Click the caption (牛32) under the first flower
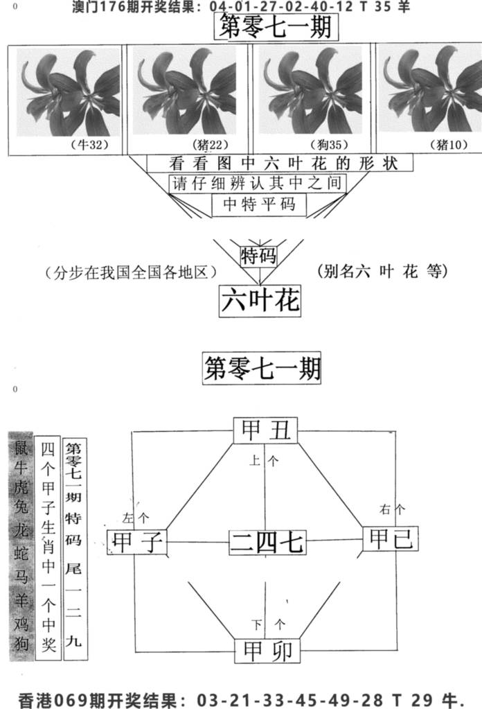90,145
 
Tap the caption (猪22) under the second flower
211,145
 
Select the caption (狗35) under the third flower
330,145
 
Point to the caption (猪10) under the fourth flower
449,145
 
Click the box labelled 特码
258,256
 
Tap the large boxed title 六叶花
260,300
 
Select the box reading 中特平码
259,205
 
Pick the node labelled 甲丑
266,430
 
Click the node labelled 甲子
137,542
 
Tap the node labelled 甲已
391,539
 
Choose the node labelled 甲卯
267,651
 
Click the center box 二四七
267,542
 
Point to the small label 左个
136,518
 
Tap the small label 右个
392,509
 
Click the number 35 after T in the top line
382,7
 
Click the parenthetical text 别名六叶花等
382,271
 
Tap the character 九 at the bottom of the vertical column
73,641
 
